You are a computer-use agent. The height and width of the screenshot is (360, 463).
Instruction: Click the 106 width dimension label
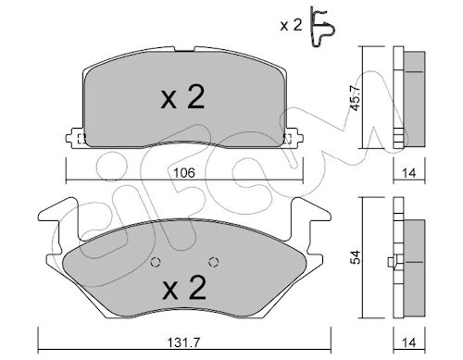(183, 173)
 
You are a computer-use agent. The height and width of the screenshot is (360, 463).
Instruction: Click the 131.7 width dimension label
(183, 342)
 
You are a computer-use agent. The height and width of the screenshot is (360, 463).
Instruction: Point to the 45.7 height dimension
(355, 97)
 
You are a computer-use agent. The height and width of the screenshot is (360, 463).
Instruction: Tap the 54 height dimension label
(357, 257)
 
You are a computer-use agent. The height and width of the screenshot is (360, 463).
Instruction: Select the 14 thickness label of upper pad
(409, 173)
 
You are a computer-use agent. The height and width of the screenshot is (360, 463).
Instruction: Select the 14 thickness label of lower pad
(409, 342)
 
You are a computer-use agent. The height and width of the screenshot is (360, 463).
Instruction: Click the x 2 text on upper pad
(182, 97)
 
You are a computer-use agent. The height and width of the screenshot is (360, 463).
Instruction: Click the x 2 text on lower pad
(184, 288)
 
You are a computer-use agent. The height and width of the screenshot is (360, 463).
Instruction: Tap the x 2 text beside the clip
(291, 25)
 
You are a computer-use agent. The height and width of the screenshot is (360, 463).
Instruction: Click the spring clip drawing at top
(322, 27)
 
